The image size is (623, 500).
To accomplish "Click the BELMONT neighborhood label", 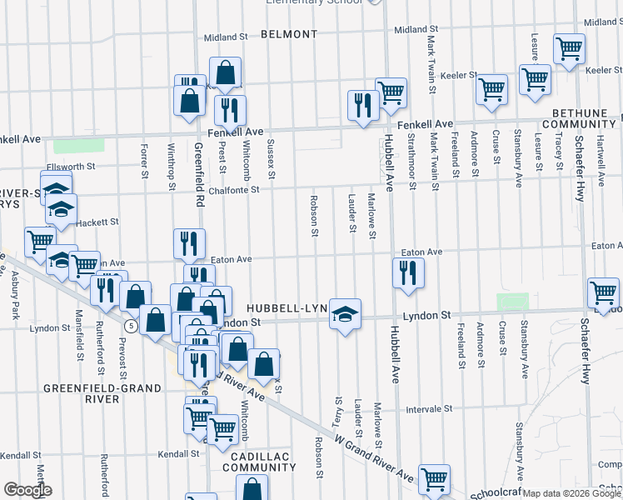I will click(289, 34).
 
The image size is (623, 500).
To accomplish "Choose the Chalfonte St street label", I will click(231, 189).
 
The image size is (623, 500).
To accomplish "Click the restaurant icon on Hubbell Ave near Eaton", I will click(407, 273).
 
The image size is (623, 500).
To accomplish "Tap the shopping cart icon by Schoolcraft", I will click(434, 479).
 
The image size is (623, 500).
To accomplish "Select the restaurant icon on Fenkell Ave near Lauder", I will click(362, 106).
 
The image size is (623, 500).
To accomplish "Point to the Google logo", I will click(27, 490).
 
